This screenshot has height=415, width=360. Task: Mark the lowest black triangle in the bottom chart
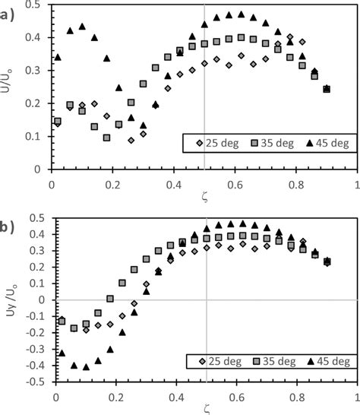click(x=87, y=366)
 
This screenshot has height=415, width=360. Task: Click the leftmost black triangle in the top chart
click(x=58, y=57)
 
